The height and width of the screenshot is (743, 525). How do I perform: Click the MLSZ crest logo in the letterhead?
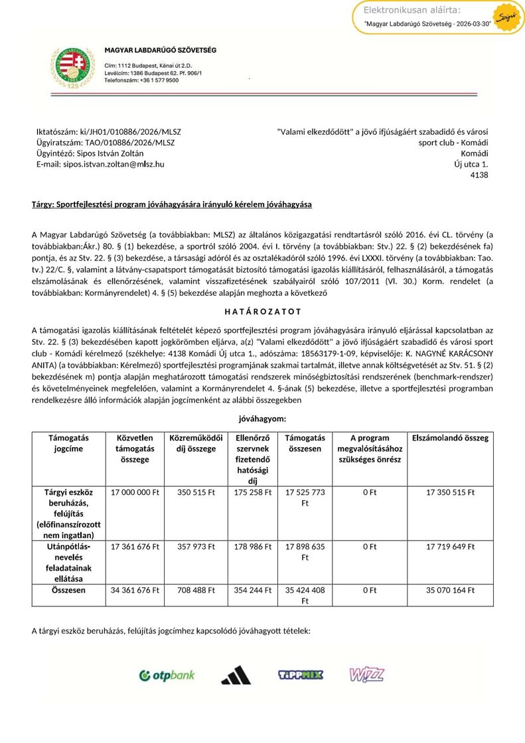(x=72, y=66)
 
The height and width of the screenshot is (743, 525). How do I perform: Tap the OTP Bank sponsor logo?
(x=167, y=675)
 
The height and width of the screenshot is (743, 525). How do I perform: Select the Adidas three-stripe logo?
(x=236, y=675)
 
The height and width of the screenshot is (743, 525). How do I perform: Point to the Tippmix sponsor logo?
(x=300, y=675)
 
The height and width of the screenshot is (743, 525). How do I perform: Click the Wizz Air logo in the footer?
(x=366, y=675)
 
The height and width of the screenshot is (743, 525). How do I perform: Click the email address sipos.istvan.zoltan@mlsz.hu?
(x=100, y=163)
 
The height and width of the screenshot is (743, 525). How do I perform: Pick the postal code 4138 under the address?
(x=479, y=175)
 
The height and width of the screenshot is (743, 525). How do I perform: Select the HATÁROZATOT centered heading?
(x=262, y=311)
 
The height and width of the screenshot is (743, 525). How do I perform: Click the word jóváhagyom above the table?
(x=262, y=419)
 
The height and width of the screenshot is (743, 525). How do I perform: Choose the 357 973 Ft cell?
(x=196, y=547)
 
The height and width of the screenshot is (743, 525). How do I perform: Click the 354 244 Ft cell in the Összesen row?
(x=253, y=589)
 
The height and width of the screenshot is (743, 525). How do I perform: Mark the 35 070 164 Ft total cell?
(x=450, y=589)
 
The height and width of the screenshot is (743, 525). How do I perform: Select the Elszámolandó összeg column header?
(x=450, y=438)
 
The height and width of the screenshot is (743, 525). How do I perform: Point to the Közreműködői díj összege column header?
(x=196, y=443)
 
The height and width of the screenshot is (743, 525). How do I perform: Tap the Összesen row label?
(x=68, y=589)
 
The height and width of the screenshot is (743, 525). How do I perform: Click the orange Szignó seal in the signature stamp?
(x=506, y=15)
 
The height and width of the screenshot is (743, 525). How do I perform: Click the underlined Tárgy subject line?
(x=172, y=204)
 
